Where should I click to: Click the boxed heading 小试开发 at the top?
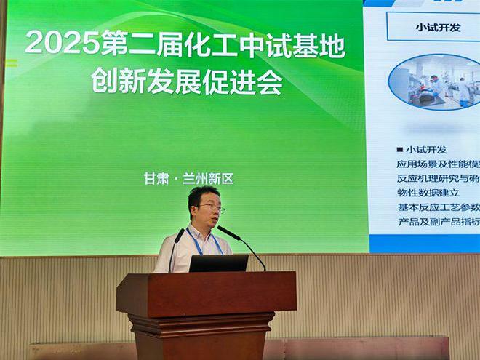(438, 27)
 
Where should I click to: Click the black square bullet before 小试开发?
(399, 151)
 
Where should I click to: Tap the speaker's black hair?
(202, 193)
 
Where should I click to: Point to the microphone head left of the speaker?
(179, 235)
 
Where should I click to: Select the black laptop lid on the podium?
(218, 263)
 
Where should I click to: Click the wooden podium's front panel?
(206, 294)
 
